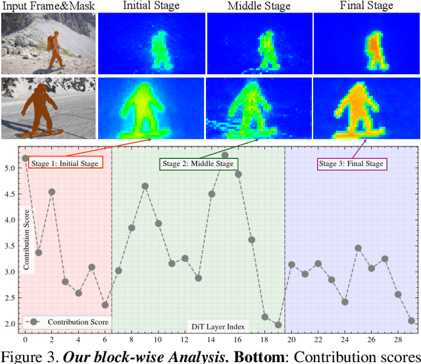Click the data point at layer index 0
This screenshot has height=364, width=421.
click(x=25, y=158)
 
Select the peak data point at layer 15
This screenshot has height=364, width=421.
click(x=225, y=155)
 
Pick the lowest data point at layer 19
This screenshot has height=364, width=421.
click(x=278, y=325)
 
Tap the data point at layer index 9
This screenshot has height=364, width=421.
click(x=145, y=186)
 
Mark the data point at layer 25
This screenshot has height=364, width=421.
click(x=358, y=248)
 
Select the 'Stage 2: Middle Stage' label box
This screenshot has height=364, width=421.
click(x=197, y=163)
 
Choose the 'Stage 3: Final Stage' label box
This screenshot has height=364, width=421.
click(x=351, y=163)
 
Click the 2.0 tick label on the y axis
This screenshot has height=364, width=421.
click(x=11, y=324)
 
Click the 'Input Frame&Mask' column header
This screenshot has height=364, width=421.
click(x=48, y=7)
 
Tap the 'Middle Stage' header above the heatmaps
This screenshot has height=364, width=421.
click(x=259, y=7)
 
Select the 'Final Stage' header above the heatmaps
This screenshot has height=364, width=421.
click(x=366, y=7)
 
